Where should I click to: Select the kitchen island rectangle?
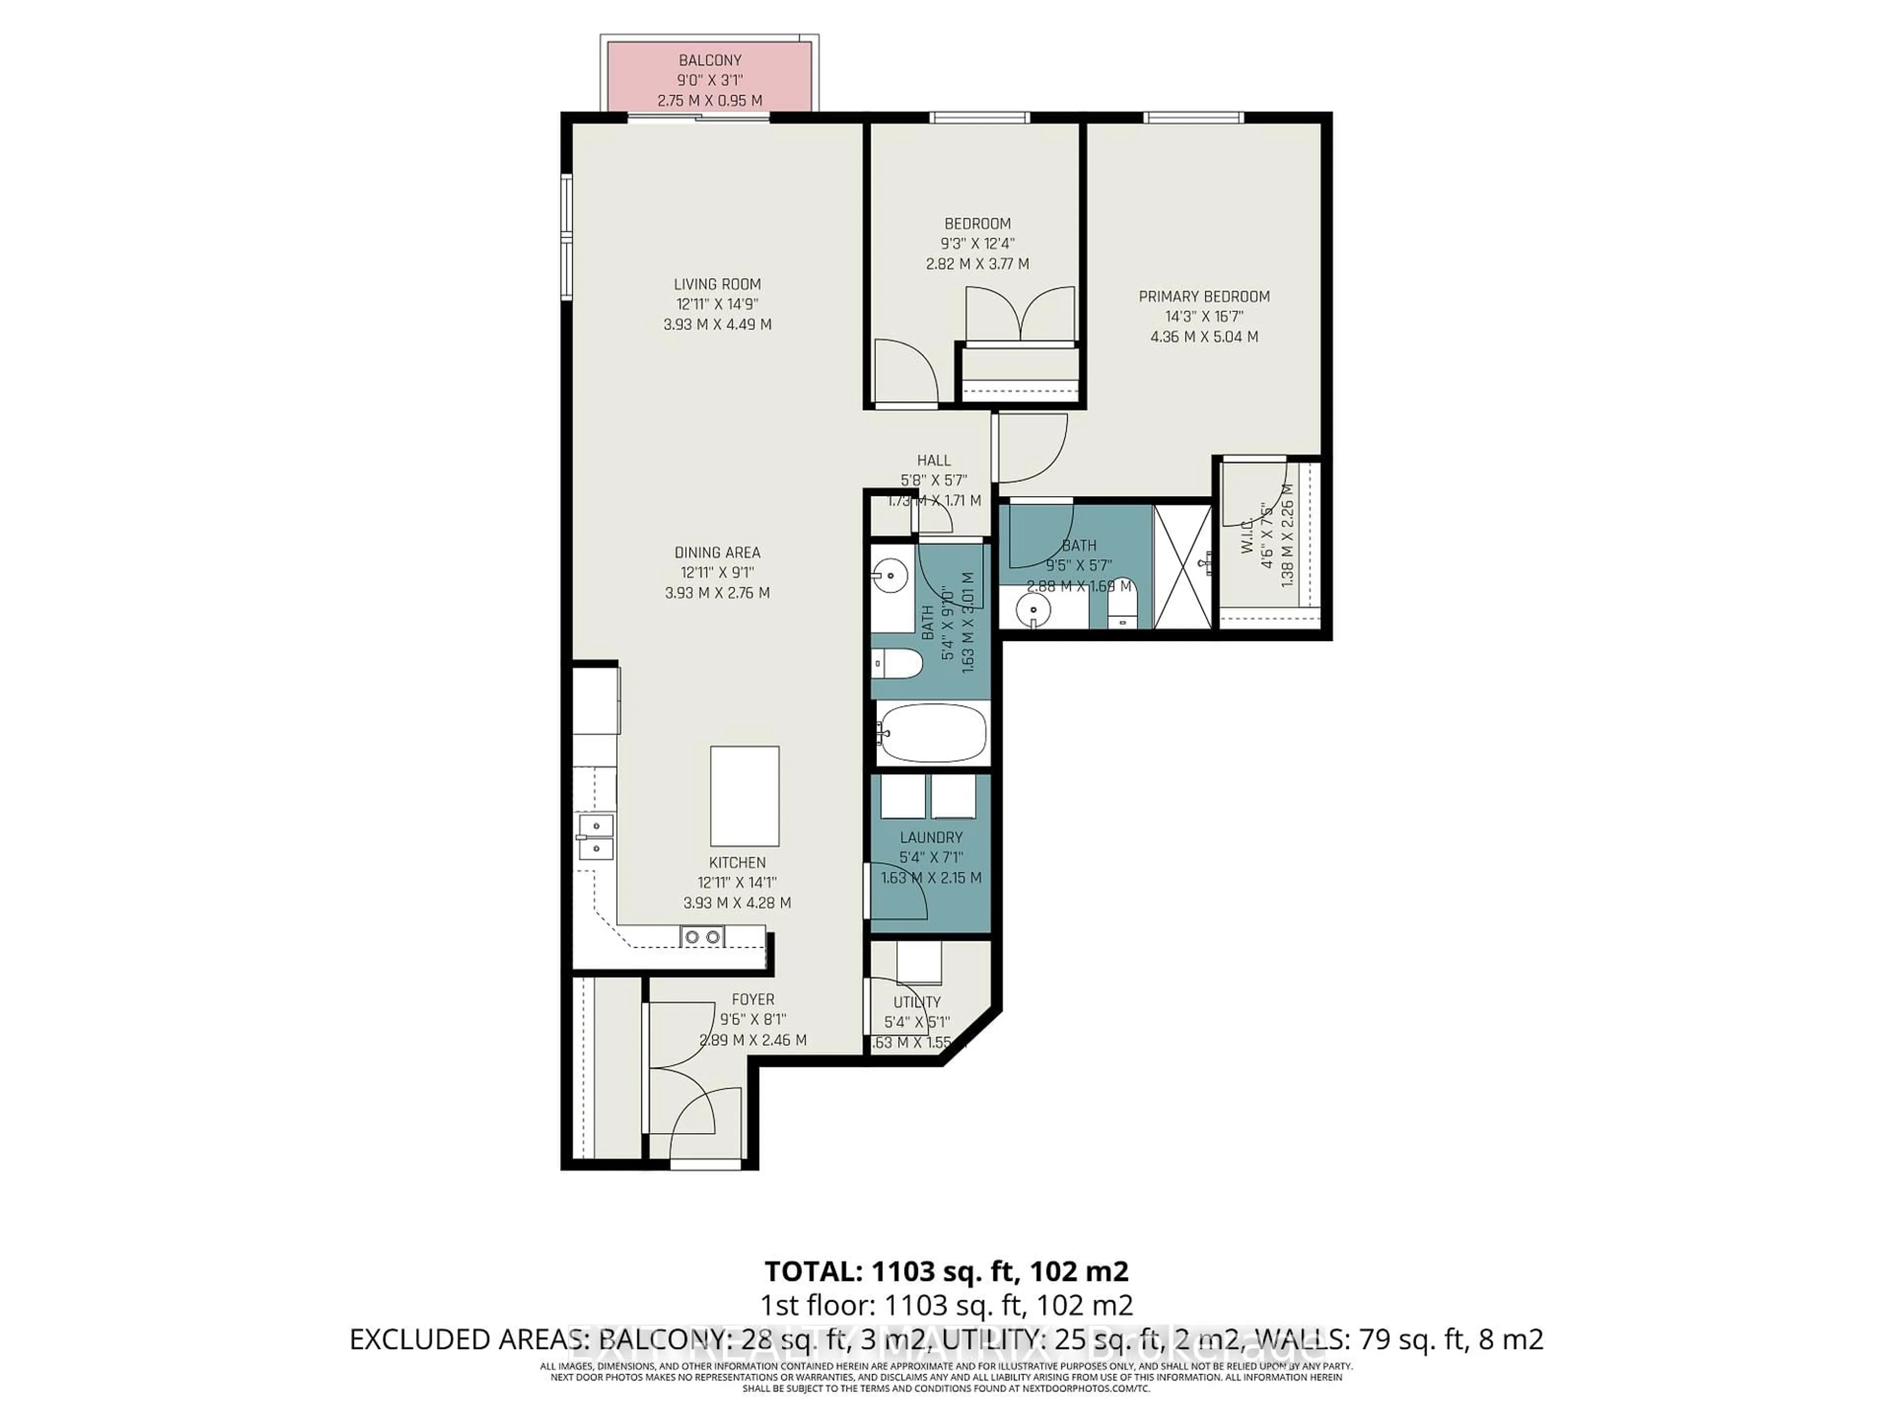click(744, 795)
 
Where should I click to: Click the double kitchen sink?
click(595, 836)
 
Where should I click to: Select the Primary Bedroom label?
click(1203, 296)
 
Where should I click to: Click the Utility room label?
click(916, 1001)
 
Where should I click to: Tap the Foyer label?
click(752, 999)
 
